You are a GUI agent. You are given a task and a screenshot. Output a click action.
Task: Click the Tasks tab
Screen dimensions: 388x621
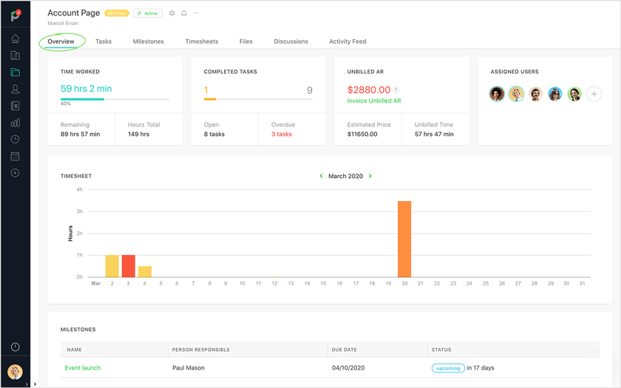(x=103, y=41)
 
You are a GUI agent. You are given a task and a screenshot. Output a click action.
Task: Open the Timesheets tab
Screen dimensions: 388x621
(x=201, y=41)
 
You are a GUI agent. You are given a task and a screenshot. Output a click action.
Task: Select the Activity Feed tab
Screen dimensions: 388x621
(x=347, y=41)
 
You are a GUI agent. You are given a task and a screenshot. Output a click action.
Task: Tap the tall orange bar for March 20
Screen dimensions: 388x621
(x=404, y=239)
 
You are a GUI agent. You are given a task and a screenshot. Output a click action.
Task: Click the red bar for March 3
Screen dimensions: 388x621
(x=129, y=266)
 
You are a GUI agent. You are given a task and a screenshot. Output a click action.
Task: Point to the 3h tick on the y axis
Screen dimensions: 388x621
(x=79, y=211)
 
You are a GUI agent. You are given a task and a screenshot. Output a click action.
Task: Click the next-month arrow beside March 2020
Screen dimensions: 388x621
(x=370, y=176)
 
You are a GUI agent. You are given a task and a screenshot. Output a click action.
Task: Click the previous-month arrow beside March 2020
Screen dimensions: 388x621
(x=321, y=176)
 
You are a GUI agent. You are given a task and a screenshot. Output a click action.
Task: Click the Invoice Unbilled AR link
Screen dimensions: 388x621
(x=374, y=101)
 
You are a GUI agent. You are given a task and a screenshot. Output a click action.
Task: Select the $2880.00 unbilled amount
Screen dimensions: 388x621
(x=369, y=89)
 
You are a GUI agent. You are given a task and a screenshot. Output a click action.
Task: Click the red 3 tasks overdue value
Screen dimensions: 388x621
(x=282, y=135)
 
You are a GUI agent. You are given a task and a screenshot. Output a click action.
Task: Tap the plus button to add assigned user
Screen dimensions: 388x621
(x=594, y=94)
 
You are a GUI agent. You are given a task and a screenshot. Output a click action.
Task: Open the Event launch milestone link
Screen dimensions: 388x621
(x=83, y=368)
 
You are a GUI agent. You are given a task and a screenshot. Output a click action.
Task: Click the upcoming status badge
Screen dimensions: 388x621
(x=448, y=368)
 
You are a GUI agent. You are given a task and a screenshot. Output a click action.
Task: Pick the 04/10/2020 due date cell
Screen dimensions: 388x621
(x=348, y=368)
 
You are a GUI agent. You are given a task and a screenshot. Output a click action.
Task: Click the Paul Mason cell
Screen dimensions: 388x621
(x=189, y=368)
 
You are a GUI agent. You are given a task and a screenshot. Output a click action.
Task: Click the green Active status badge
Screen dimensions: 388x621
(x=148, y=13)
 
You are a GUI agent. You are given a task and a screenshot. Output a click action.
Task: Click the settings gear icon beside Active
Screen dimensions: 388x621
(x=172, y=13)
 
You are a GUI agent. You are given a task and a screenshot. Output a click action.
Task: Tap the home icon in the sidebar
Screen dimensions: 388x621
(x=15, y=39)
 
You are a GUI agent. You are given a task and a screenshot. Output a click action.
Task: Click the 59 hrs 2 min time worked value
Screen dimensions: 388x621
(x=86, y=89)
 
